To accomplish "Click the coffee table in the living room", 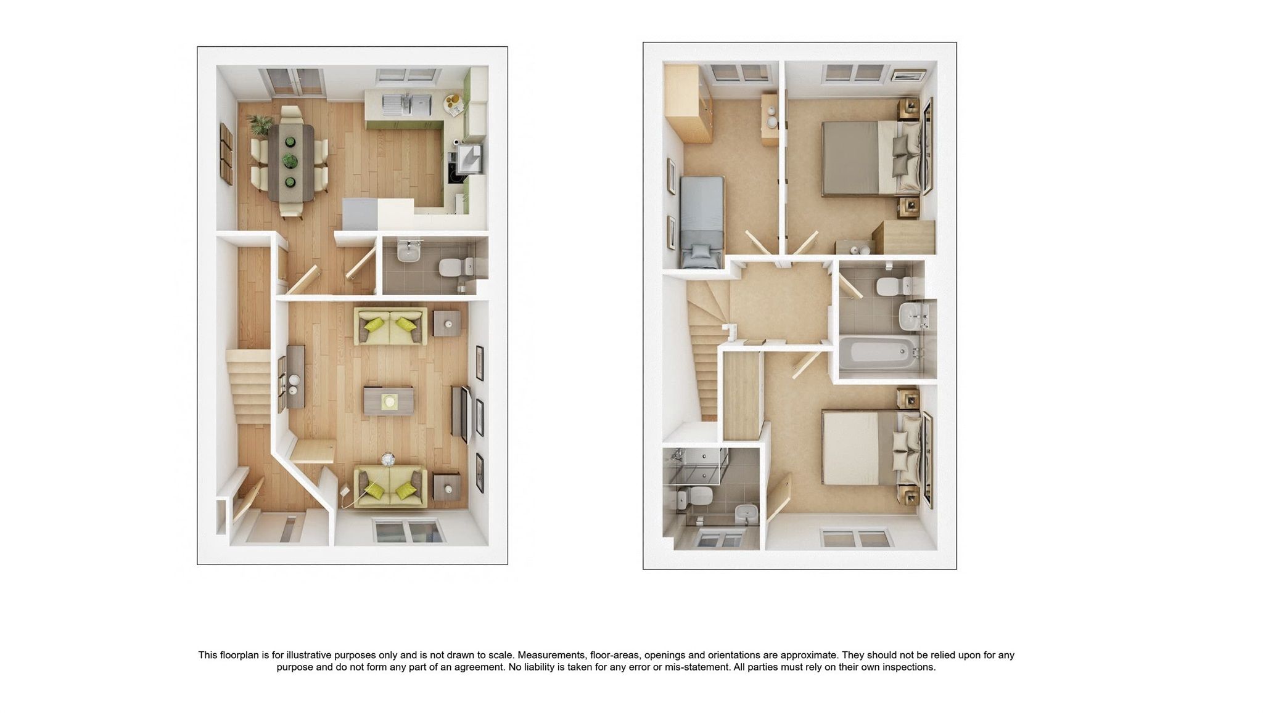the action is tap(389, 401).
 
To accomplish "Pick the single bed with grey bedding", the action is tap(702, 222).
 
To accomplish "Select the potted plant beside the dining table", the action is tap(260, 124).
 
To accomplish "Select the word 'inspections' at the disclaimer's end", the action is tap(908, 667).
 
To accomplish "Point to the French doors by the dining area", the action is tap(292, 82).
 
